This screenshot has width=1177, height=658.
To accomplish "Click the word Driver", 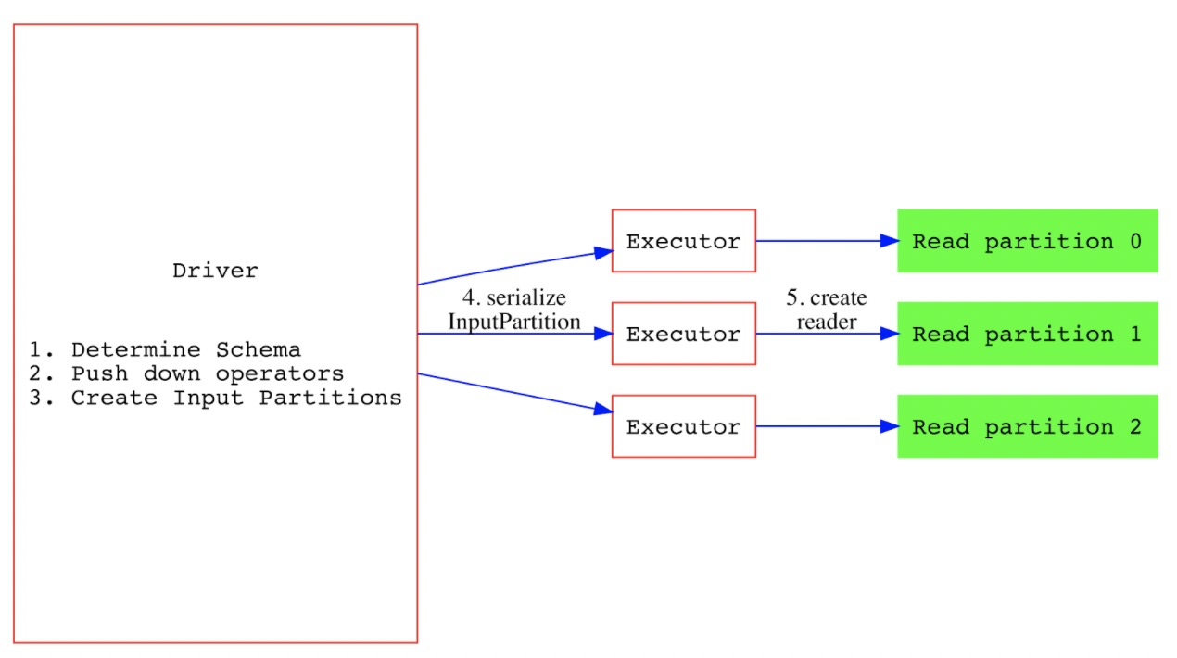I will (x=215, y=272).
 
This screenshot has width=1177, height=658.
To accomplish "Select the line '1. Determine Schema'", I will (x=165, y=350).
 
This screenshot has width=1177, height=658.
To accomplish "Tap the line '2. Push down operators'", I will (x=186, y=374).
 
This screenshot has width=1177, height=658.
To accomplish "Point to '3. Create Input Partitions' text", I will (x=215, y=399).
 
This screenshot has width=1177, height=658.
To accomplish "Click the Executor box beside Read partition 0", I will (x=683, y=241).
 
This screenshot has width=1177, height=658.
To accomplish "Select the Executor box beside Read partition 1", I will (x=683, y=334).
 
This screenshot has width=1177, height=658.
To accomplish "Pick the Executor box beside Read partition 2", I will (x=683, y=426).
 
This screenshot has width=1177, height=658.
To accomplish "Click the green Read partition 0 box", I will (x=1027, y=241).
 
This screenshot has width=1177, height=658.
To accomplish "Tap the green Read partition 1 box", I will (x=1027, y=334).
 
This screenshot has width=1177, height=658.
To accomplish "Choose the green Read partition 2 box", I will (x=1027, y=426).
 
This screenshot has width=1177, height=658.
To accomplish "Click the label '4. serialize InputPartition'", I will (x=514, y=310).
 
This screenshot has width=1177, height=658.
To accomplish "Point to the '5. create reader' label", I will (x=827, y=310).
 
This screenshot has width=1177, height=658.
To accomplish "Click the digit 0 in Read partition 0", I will (x=1134, y=242).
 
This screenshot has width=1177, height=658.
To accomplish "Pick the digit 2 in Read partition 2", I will (x=1134, y=427).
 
